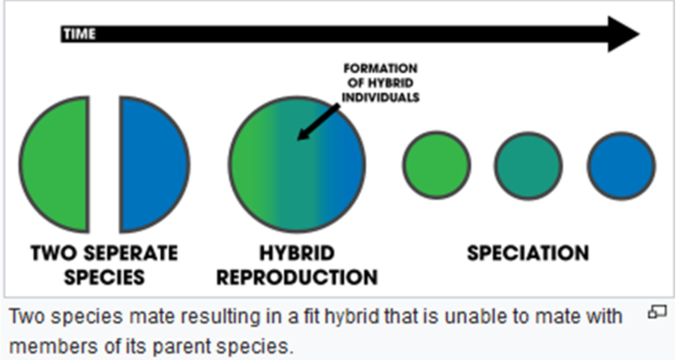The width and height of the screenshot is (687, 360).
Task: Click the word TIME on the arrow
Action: [80, 34]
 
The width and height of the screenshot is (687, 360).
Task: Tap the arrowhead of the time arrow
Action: [623, 34]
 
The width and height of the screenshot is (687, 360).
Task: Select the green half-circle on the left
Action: [54, 164]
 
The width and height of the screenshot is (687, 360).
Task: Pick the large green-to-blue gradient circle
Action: [297, 164]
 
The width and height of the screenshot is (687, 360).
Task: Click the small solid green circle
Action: [436, 165]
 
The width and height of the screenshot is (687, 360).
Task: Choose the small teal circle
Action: [528, 166]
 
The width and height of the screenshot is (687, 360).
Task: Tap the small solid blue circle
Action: [621, 166]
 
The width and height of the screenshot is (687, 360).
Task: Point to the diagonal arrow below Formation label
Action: [319, 122]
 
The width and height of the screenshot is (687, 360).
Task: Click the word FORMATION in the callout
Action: [380, 68]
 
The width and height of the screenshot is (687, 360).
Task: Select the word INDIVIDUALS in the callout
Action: [380, 97]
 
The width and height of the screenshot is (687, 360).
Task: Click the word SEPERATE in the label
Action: [130, 253]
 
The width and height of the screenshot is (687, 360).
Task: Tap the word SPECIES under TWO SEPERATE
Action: [104, 277]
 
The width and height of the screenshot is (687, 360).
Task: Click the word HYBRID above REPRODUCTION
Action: [297, 253]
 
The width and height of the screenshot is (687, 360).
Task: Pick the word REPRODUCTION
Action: [297, 277]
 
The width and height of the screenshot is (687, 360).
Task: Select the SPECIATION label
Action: [528, 253]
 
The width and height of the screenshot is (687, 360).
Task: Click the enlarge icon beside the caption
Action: [657, 312]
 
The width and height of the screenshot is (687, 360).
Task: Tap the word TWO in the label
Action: [53, 253]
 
